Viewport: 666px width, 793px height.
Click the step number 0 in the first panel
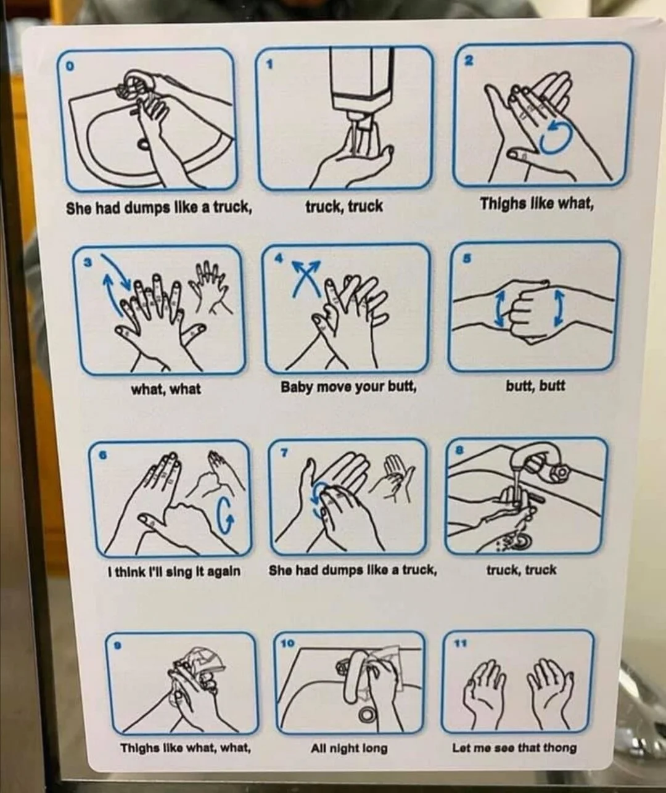coord(69,66)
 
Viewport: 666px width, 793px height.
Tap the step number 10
coord(287,643)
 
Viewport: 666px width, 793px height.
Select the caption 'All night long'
coord(349,748)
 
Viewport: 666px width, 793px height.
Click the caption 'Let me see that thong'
coord(514,747)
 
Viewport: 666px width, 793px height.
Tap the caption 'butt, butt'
coord(535,386)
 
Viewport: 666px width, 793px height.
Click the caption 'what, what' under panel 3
coord(166,389)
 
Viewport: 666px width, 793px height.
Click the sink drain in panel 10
coord(367,714)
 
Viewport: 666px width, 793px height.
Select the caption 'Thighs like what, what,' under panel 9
coord(186,748)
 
